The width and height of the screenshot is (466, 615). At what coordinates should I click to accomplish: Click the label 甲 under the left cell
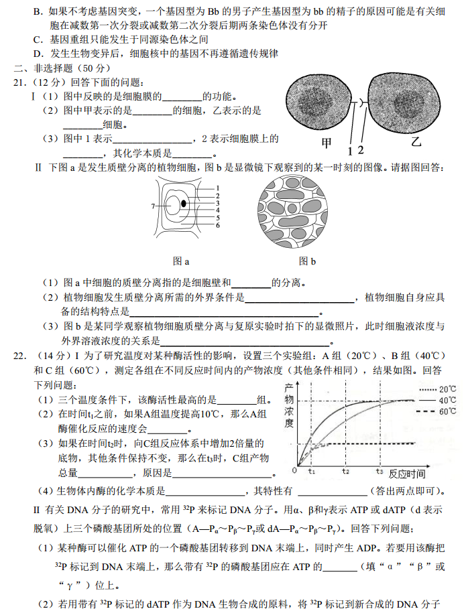[327, 142]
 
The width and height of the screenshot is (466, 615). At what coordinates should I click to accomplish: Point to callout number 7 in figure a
[153, 206]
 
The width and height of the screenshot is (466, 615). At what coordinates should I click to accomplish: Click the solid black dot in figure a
[183, 203]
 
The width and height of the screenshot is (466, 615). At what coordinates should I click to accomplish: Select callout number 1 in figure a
[218, 188]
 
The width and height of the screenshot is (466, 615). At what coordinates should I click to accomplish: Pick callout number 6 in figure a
[218, 226]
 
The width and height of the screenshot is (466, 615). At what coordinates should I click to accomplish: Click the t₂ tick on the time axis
[345, 471]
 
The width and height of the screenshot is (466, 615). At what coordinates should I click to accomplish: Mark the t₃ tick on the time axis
[379, 471]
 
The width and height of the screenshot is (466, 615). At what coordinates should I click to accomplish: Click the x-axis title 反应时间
[411, 472]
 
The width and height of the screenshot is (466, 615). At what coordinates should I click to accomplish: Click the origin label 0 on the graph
[294, 471]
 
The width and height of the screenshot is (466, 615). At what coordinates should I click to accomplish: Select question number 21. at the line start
[21, 82]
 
